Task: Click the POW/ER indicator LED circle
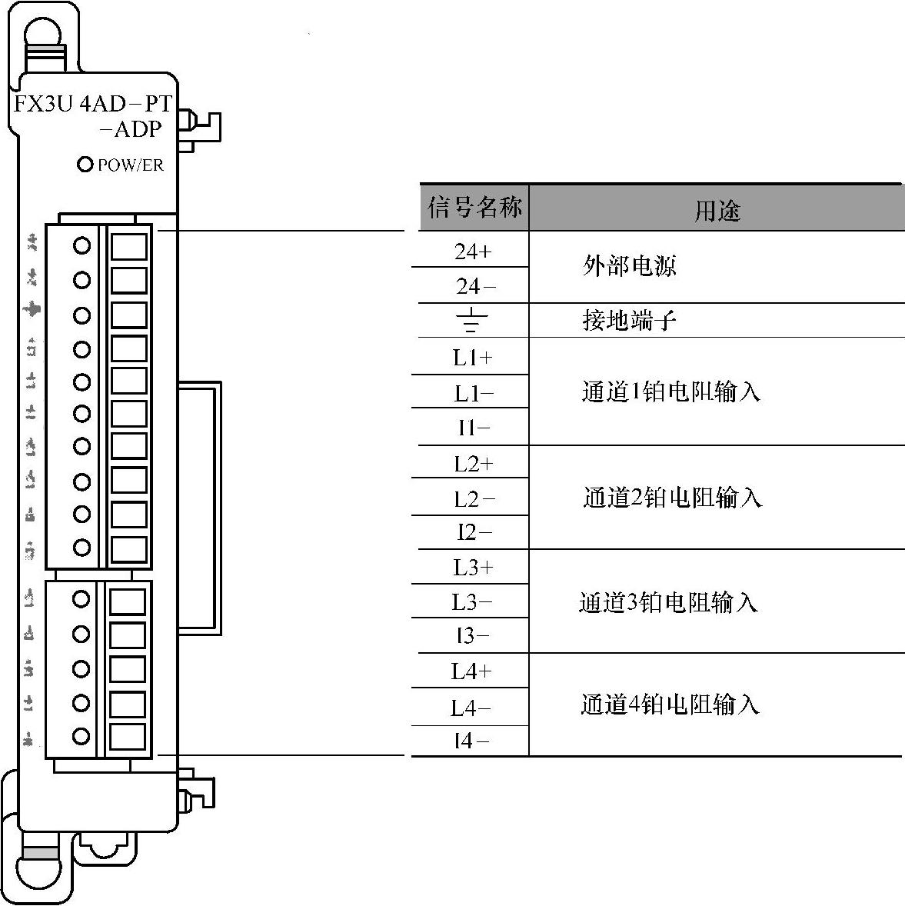pos(85,165)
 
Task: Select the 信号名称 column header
pos(474,208)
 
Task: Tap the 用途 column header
pos(717,210)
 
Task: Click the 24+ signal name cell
pos(473,251)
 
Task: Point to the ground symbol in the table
pos(472,320)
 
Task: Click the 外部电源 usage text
pos(629,266)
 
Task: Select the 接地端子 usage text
pos(629,320)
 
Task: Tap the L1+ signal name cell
pos(473,358)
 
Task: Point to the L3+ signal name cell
pos(473,568)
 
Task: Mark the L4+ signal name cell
pos(471,671)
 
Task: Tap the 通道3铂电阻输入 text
pos(668,602)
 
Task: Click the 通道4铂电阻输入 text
pos(670,704)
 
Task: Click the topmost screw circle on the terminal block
pos(82,245)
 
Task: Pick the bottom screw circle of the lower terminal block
pos(81,736)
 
